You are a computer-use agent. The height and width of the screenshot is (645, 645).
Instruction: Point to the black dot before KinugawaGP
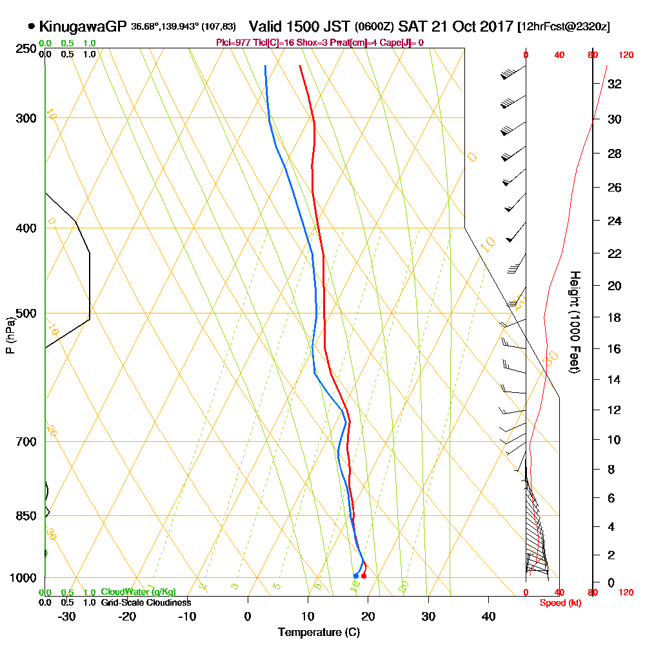32,26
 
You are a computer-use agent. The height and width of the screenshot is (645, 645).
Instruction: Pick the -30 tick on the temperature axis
67,616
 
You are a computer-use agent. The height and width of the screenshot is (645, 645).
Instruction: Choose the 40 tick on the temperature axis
489,616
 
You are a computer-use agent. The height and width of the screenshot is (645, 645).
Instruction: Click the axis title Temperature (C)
319,632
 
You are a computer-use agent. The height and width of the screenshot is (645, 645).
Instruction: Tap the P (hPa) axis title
10,335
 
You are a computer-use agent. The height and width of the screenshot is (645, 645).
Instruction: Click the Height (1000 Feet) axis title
573,322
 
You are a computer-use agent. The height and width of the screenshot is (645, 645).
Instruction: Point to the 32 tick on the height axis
615,83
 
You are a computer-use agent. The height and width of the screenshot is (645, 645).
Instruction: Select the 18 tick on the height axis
615,317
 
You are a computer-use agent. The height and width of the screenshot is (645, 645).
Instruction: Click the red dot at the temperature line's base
364,575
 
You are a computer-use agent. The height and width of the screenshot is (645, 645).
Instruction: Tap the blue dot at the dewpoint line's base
355,575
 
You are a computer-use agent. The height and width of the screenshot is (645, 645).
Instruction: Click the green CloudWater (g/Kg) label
138,592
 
